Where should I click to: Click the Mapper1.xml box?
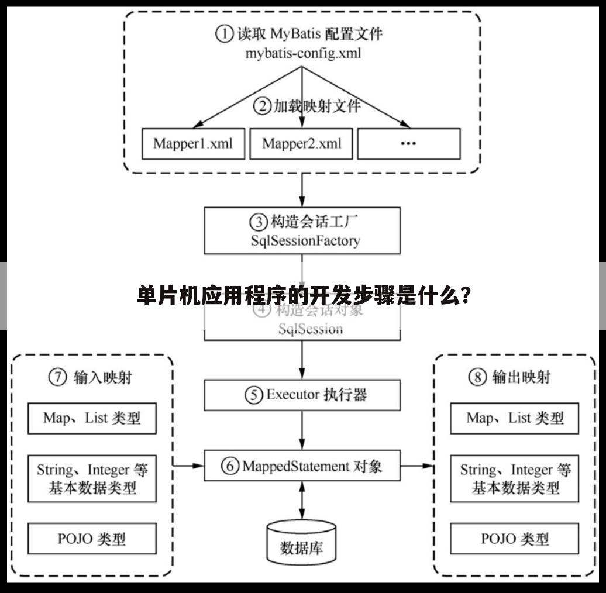click(193, 143)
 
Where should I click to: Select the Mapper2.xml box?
click(301, 143)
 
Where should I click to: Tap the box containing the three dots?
click(408, 143)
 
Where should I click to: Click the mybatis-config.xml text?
click(303, 54)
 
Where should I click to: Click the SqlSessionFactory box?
click(302, 230)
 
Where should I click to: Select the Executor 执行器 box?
click(302, 395)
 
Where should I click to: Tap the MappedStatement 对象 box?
click(302, 466)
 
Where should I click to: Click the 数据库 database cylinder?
click(301, 541)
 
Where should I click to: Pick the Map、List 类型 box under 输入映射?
click(92, 418)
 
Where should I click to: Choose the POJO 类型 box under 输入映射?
click(92, 539)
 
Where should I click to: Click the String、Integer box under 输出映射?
click(514, 478)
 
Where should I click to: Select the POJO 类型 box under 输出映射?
click(514, 539)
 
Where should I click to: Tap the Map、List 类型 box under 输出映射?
click(514, 418)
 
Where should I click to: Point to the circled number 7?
click(57, 378)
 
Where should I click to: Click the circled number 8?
click(477, 378)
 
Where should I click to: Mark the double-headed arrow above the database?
click(302, 500)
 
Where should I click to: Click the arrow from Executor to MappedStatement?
click(302, 430)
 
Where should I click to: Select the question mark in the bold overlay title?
click(466, 296)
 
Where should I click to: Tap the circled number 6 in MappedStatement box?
click(231, 466)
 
